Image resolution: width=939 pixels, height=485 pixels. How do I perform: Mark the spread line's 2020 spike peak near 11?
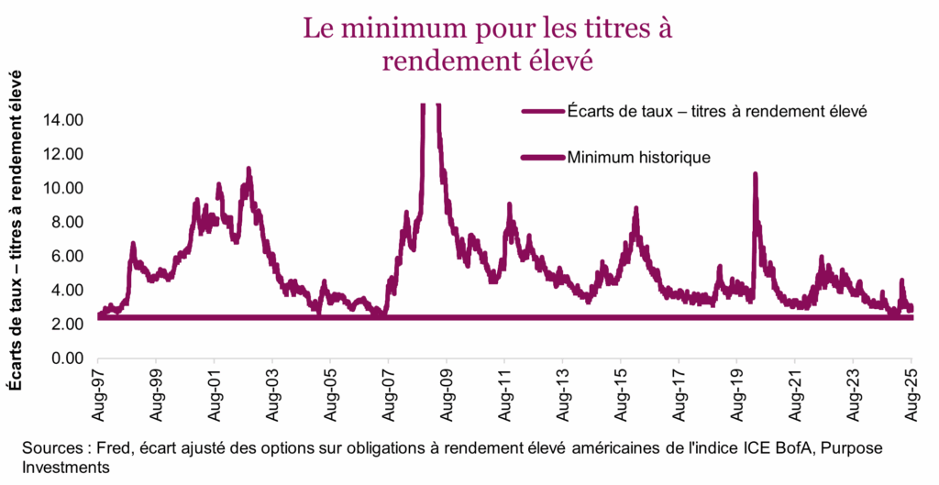[x=755, y=173]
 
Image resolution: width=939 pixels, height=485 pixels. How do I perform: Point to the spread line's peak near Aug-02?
[x=249, y=169]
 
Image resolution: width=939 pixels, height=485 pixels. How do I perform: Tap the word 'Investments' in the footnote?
[x=66, y=468]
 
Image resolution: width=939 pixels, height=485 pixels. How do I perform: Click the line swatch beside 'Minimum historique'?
[x=540, y=157]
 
